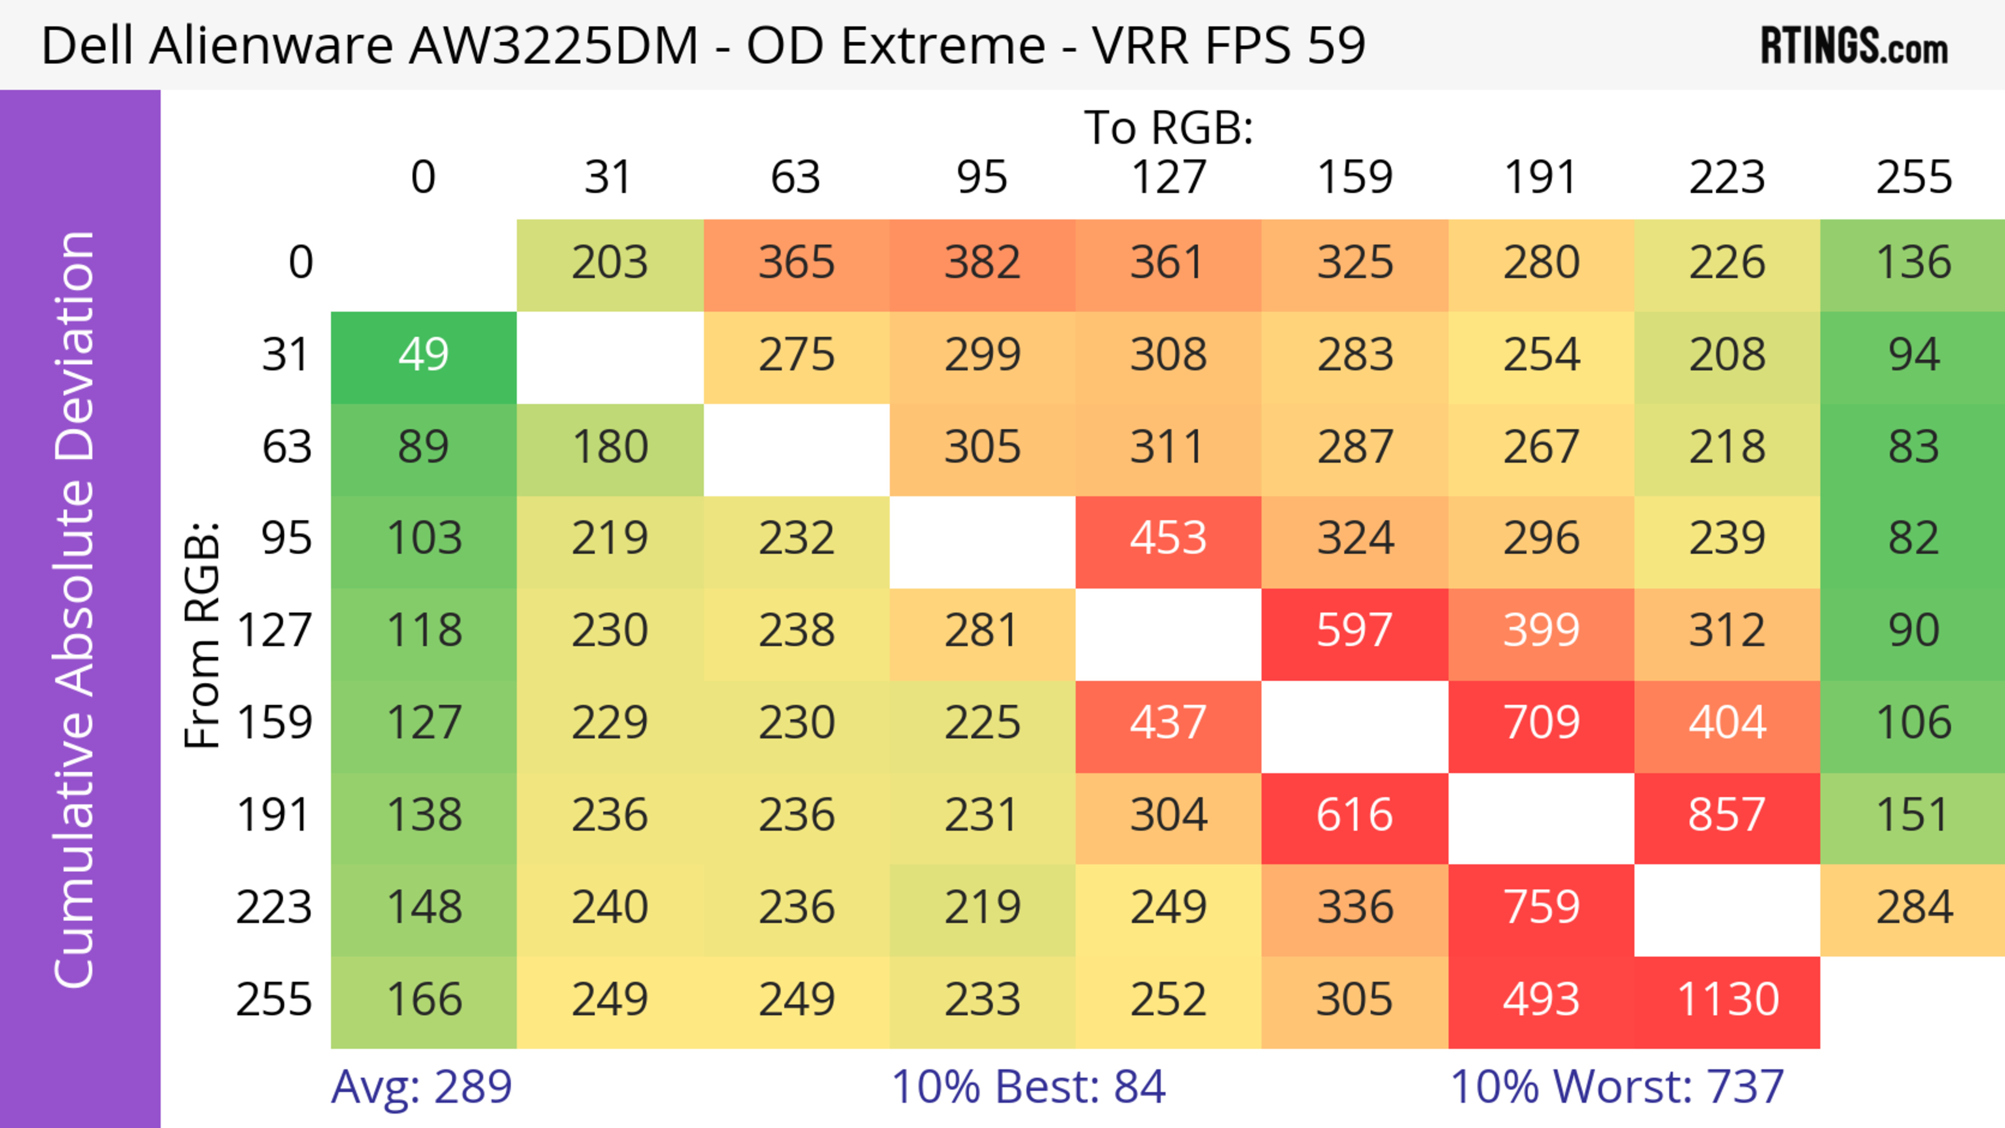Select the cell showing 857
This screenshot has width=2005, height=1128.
(x=1727, y=816)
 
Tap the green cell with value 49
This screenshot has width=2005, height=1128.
(x=423, y=355)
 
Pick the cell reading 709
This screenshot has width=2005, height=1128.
(x=1541, y=723)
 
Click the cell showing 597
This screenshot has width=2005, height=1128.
(x=1354, y=631)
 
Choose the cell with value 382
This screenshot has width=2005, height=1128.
(x=982, y=263)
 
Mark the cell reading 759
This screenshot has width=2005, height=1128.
(x=1541, y=908)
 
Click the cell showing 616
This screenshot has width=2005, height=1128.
(x=1354, y=816)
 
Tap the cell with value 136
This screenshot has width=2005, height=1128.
(x=1913, y=263)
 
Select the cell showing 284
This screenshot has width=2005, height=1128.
(x=1913, y=908)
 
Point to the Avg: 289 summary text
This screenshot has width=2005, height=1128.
(x=421, y=1087)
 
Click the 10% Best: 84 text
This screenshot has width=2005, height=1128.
(x=1028, y=1087)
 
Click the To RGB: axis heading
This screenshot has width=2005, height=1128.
(x=1169, y=127)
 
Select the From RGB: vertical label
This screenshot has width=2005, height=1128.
(x=202, y=634)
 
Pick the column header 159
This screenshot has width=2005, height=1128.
(x=1354, y=178)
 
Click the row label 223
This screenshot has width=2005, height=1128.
(x=274, y=908)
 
